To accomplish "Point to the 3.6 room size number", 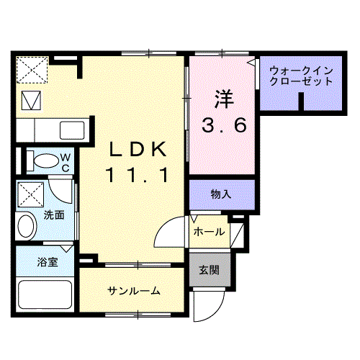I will (x=224, y=125).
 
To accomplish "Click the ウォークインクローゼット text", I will (x=301, y=76).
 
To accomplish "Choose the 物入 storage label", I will (x=220, y=194).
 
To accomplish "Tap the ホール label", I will (x=208, y=233).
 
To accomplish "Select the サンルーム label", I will (x=134, y=291).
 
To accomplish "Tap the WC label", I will (x=64, y=161).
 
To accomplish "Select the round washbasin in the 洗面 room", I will (x=25, y=228).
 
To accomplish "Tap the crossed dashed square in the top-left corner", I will (x=31, y=71).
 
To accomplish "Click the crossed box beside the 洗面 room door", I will (x=31, y=194).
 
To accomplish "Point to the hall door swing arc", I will (x=170, y=232).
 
